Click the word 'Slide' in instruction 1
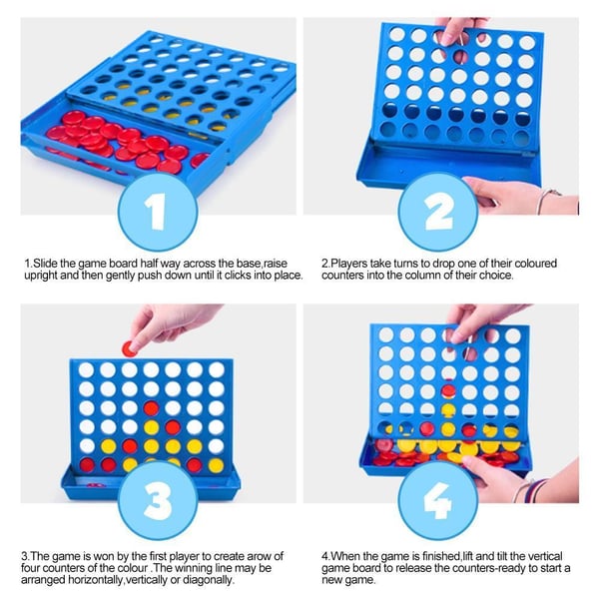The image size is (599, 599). (47, 263)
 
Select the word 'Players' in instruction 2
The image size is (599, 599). (354, 263)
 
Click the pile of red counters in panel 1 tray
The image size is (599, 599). (120, 140)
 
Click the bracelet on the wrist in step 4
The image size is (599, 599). (536, 489)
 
